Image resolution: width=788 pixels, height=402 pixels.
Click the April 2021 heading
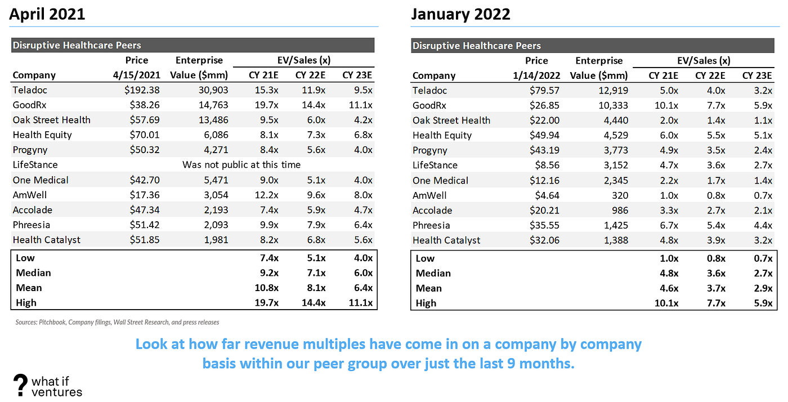47,14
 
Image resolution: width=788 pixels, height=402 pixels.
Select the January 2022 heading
460,14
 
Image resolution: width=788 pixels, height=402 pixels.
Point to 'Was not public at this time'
241,165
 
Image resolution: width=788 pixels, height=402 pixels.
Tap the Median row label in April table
33,273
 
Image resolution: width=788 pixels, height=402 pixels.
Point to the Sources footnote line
117,323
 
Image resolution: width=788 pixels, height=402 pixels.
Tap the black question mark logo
20,384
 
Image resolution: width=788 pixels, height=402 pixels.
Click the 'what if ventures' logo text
56,386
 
